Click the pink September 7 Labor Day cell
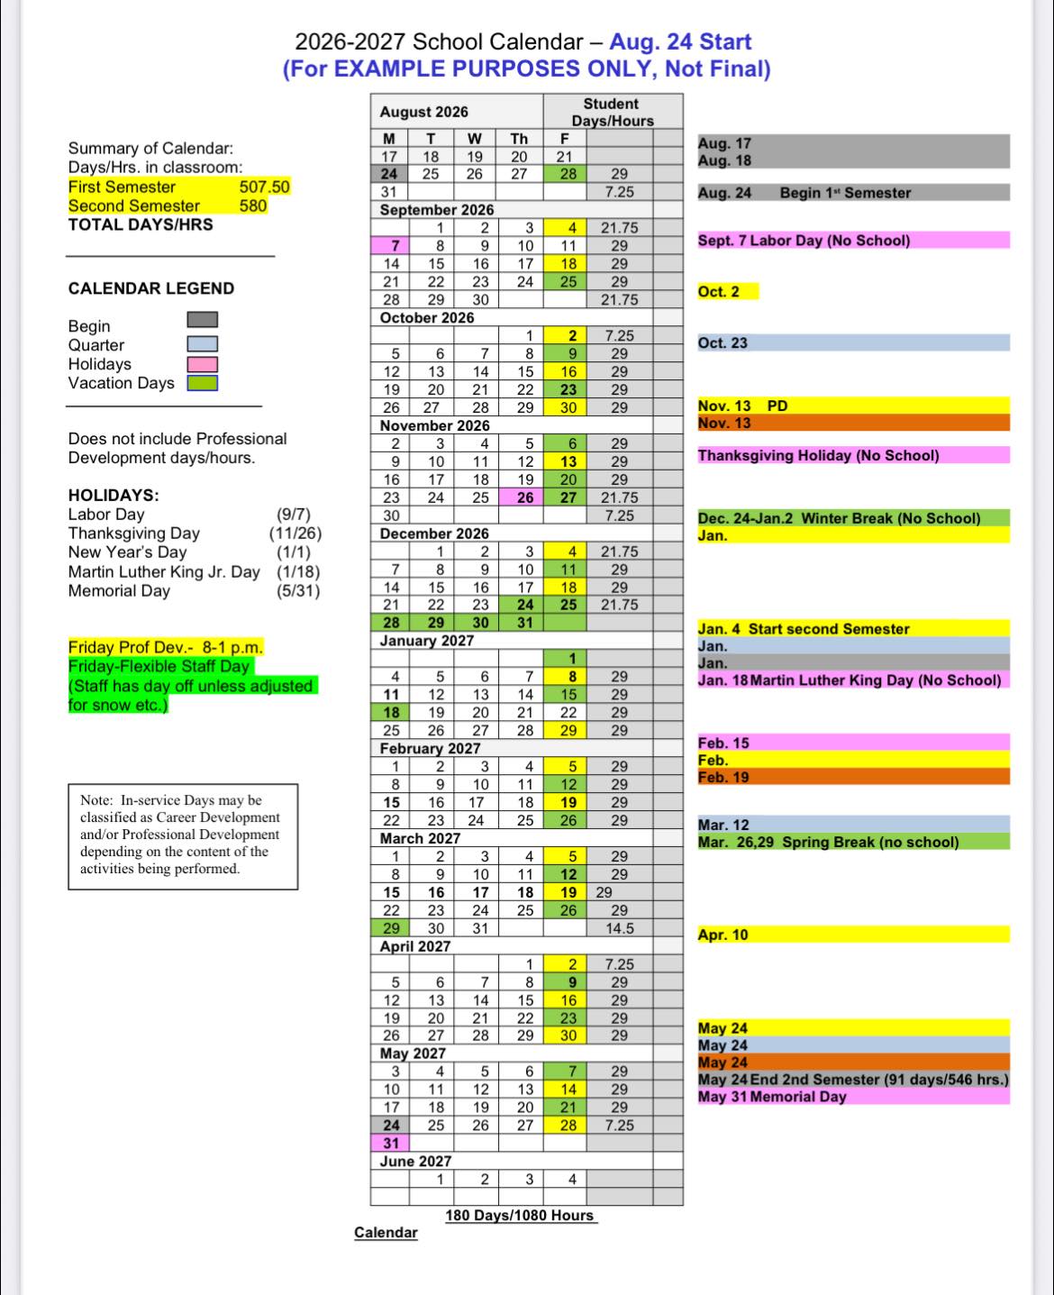(390, 246)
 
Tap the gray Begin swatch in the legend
(202, 320)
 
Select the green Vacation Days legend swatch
(202, 383)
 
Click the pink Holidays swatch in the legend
(202, 364)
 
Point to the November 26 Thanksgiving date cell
(524, 497)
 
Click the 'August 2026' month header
(424, 112)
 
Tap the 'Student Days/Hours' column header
(612, 113)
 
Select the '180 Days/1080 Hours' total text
(520, 1215)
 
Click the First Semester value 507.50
(265, 187)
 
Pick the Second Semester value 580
(253, 205)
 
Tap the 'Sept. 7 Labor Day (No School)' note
(804, 241)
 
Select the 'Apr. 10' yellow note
(723, 935)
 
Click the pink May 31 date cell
(391, 1143)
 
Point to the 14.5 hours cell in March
(620, 928)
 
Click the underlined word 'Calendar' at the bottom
(386, 1233)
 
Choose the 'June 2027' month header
(415, 1161)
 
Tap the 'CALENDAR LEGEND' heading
(151, 288)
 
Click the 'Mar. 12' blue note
(723, 825)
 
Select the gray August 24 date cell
(389, 174)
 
